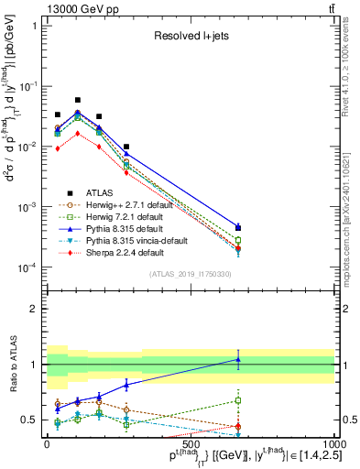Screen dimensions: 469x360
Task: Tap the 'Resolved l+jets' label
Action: pyautogui.click(x=191, y=38)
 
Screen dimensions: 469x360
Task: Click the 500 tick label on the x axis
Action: pyautogui.click(x=191, y=443)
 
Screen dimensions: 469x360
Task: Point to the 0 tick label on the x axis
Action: pyautogui.click(x=47, y=443)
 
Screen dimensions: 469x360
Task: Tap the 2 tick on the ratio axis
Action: pyautogui.click(x=37, y=309)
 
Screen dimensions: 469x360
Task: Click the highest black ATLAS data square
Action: pyautogui.click(x=78, y=100)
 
